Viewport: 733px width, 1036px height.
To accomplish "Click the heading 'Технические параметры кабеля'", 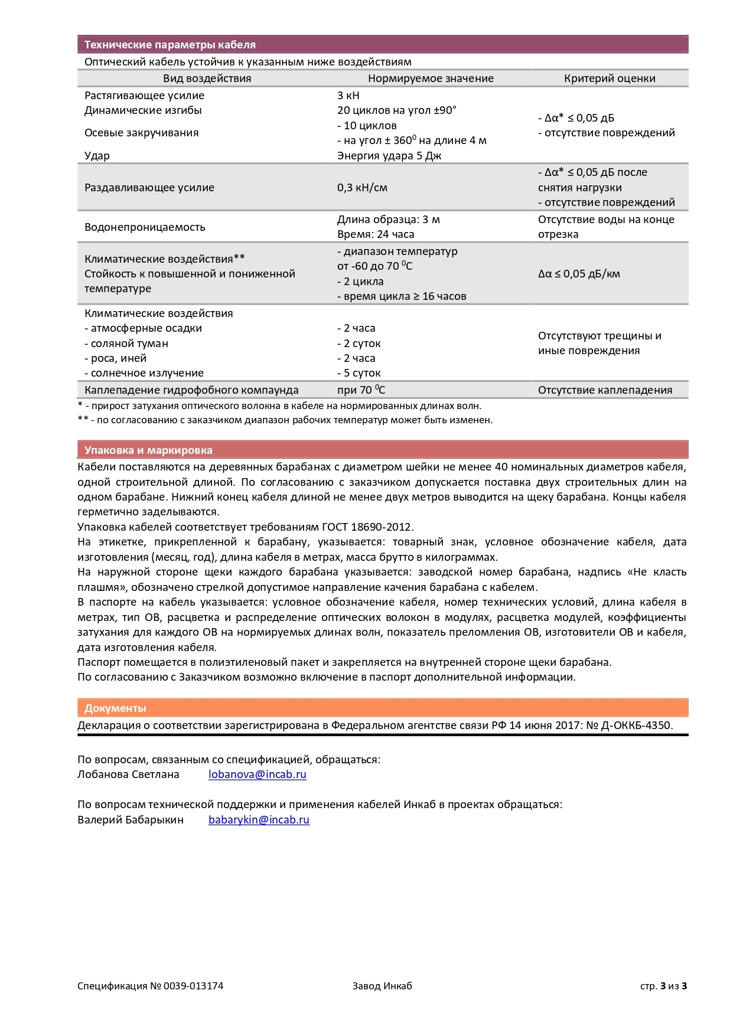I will tap(170, 45).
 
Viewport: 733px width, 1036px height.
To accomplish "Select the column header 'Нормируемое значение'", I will tap(431, 79).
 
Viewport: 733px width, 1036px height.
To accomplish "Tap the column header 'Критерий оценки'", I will tap(610, 79).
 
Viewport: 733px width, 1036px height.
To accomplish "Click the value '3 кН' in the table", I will tap(348, 96).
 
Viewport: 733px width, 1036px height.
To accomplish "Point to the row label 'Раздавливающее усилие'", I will tap(149, 188).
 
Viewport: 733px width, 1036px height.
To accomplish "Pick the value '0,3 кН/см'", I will tap(362, 188).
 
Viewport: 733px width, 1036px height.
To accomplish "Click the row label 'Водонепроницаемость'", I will tap(145, 227).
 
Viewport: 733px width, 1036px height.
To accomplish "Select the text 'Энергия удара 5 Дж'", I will tap(389, 156).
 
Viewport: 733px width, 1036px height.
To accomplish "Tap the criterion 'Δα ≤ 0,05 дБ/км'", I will tap(579, 274).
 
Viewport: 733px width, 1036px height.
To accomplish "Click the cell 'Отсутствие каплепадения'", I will tap(605, 390).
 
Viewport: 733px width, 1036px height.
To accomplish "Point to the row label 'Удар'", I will tap(97, 156).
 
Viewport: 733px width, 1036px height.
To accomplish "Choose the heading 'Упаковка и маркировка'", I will tap(148, 450).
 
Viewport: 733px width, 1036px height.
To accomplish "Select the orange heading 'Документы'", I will tap(115, 708).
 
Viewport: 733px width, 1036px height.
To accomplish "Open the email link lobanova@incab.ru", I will tap(257, 774).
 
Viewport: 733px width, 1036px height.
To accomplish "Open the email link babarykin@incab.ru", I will tap(259, 820).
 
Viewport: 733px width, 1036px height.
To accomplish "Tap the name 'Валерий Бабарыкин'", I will tap(131, 820).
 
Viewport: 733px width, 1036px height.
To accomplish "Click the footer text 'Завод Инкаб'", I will tap(382, 986).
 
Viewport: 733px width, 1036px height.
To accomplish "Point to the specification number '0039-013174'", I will tap(193, 986).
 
